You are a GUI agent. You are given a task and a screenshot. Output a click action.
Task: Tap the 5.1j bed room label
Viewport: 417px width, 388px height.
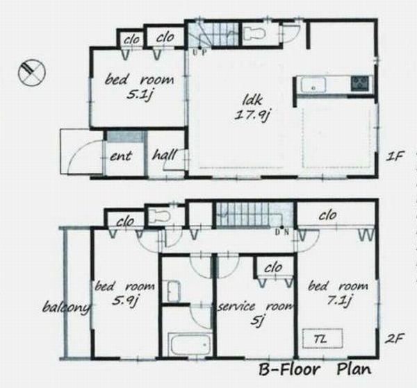click(x=139, y=87)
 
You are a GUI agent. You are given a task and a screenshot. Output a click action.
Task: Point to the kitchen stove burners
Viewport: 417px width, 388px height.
click(x=360, y=84)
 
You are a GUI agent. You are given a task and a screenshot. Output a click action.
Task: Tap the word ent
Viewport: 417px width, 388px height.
click(x=121, y=156)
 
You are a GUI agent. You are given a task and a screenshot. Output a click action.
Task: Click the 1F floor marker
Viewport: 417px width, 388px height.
click(x=395, y=156)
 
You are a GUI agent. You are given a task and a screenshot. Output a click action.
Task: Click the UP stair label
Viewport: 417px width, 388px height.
click(x=200, y=52)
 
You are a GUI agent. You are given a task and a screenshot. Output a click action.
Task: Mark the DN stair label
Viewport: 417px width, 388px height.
click(x=282, y=232)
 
